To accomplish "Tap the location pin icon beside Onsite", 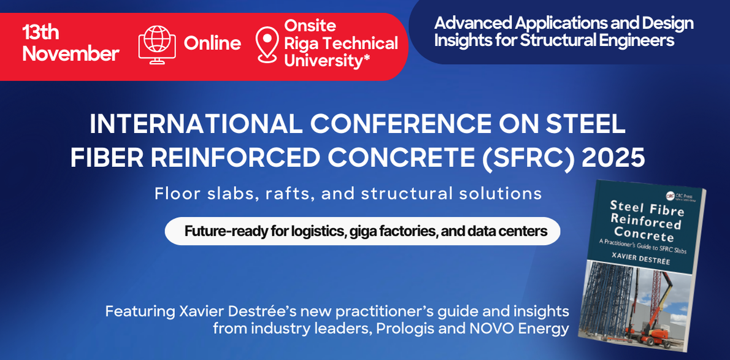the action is [x=267, y=44].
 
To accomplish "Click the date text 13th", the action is [x=40, y=33].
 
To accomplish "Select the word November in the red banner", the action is [x=71, y=54].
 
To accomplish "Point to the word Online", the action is [x=212, y=44].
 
